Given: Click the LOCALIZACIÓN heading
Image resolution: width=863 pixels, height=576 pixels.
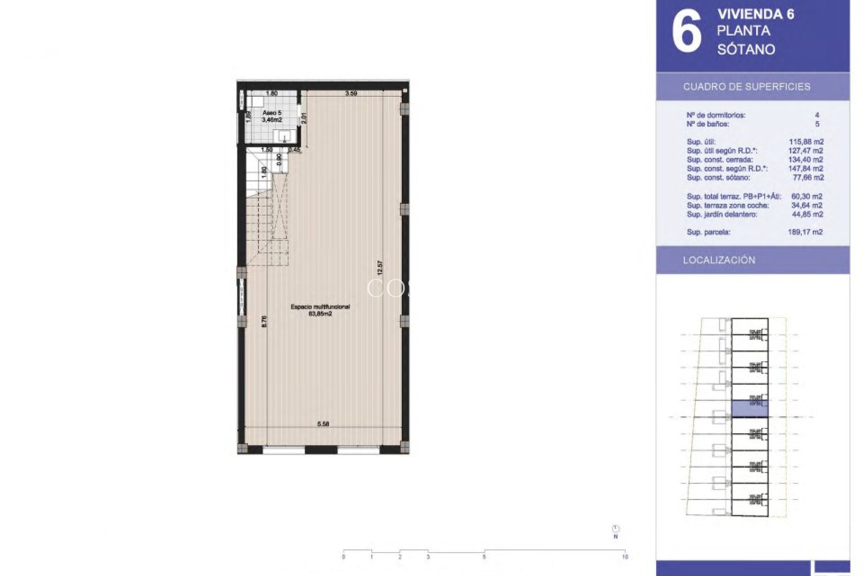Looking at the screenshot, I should coord(719,260).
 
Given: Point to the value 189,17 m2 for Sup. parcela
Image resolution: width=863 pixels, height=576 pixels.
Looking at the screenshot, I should coord(805,232).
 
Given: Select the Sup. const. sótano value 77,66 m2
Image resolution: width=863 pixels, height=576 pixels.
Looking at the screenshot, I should coord(808,178).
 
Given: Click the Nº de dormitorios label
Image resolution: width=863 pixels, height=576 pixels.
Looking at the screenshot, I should coord(716,115).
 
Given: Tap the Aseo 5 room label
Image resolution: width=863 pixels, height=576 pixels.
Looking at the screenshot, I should coord(271,113).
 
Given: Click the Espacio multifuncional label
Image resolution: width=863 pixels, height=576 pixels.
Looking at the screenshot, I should coord(320,307).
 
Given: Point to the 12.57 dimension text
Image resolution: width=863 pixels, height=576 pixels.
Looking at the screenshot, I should coord(380,268).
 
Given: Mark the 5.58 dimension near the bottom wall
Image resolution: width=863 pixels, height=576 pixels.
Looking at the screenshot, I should coord(323,423).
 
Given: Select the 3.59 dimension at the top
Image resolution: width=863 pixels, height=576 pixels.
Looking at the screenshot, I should coord(351,94).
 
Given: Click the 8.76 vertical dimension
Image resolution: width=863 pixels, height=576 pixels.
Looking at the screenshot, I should coord(264,321).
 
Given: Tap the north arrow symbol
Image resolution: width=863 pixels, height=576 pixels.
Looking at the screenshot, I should coord(616,529).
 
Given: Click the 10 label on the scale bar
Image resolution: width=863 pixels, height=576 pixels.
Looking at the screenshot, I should coord(625,557).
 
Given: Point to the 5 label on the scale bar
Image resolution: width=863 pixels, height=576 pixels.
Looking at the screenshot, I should coord(484,557).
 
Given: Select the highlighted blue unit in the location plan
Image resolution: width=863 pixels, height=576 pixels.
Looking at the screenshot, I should coord(749,409).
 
